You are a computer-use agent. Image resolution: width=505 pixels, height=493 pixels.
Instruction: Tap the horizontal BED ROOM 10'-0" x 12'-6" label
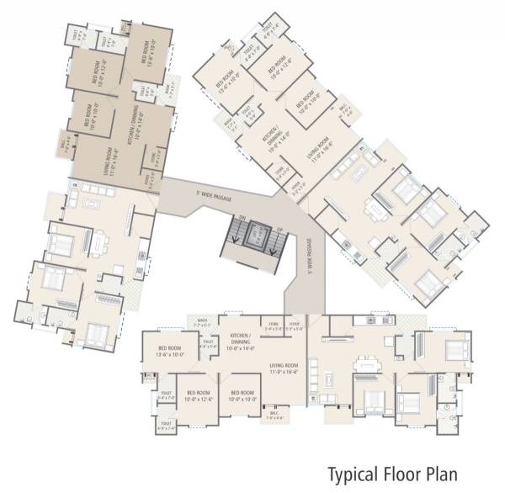[199, 396]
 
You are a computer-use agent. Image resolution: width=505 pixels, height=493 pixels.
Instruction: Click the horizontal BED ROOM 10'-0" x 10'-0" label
[242, 396]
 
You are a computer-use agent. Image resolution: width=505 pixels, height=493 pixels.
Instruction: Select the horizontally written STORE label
[274, 324]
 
